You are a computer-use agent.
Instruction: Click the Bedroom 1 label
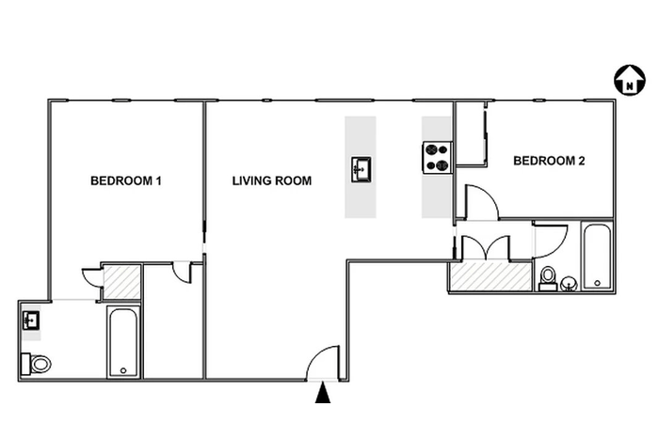tap(126, 180)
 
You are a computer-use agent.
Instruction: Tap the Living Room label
tap(272, 180)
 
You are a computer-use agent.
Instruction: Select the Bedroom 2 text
tap(549, 161)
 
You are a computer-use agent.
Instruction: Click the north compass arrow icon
tap(630, 79)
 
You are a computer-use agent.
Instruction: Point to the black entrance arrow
tap(323, 393)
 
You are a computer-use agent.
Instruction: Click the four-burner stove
tap(438, 158)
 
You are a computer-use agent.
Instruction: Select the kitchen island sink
tap(361, 169)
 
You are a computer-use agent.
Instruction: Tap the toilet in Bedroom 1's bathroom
tap(36, 364)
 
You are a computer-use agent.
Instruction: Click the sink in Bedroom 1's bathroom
tap(31, 321)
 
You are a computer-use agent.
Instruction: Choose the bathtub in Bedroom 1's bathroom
tap(123, 342)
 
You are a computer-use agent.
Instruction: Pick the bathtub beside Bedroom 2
tap(597, 257)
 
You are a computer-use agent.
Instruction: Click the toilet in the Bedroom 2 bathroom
tap(548, 279)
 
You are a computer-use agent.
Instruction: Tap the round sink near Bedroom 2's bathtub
tap(569, 284)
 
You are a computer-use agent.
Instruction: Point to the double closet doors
tap(486, 247)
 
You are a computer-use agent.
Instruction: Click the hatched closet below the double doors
tap(490, 276)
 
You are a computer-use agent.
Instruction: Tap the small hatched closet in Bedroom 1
tap(121, 282)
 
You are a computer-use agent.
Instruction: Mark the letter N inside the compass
tap(630, 86)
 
